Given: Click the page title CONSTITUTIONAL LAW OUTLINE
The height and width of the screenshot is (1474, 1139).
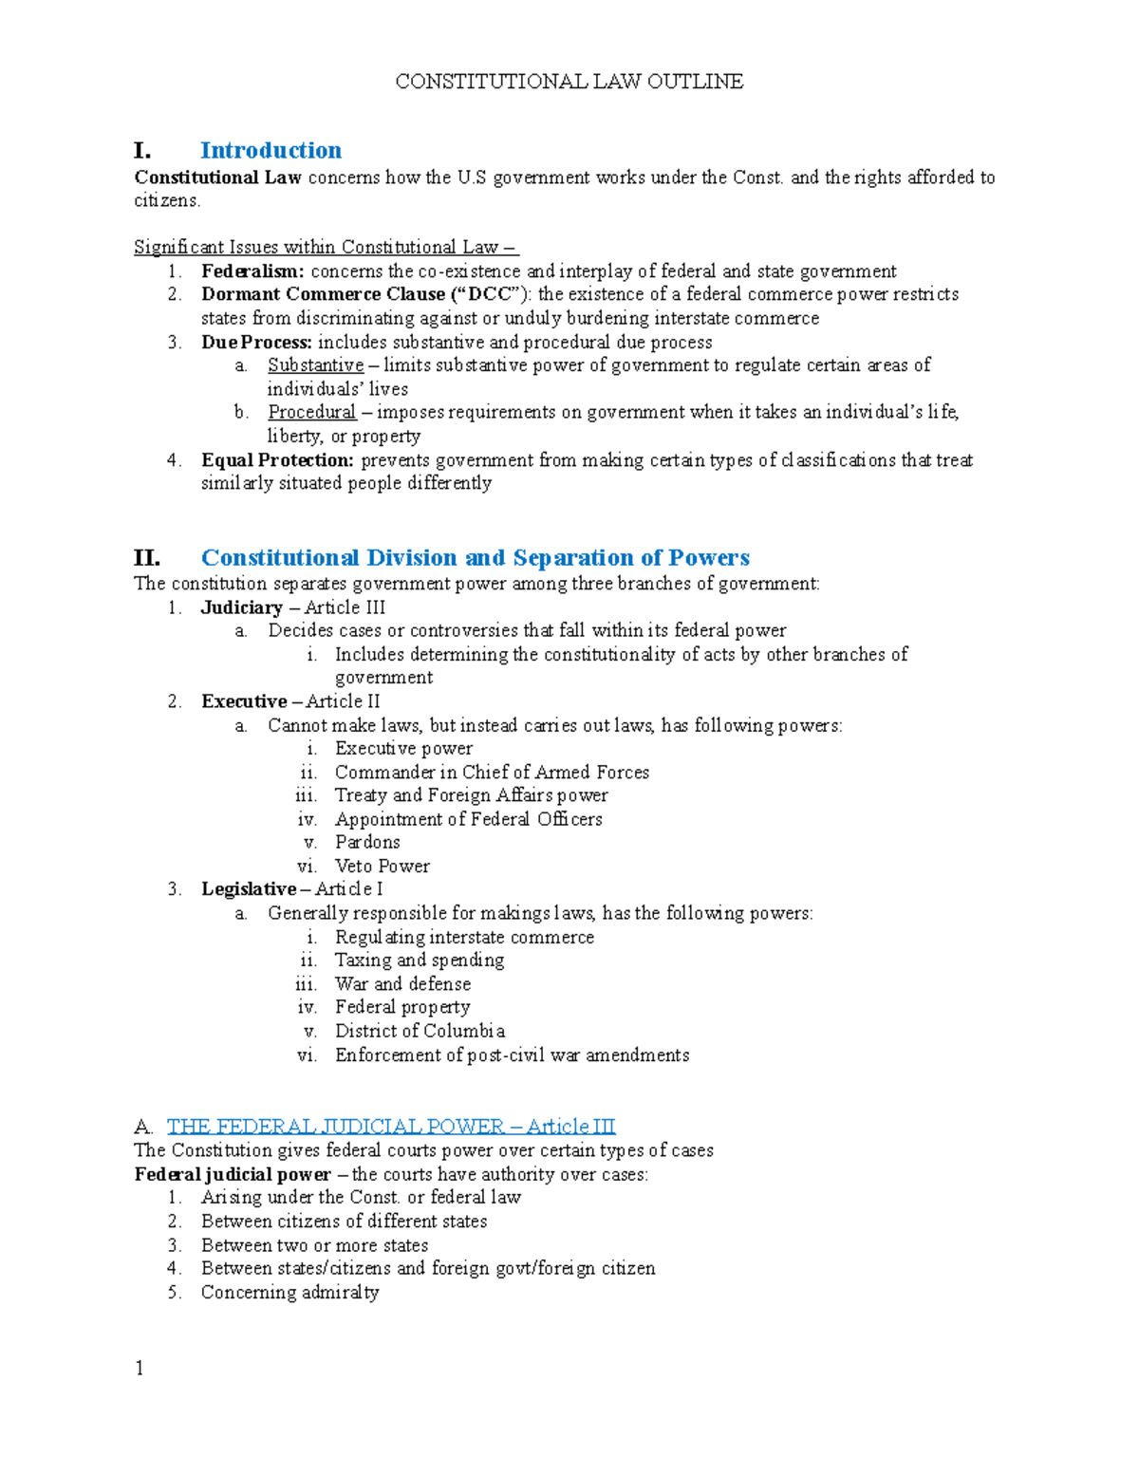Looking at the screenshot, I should [x=569, y=82].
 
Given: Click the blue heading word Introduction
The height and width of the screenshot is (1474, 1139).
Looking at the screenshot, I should [x=271, y=151].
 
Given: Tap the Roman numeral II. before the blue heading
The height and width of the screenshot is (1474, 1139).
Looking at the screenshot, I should [x=147, y=557].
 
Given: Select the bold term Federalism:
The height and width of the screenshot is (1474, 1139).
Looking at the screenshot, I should [x=252, y=271].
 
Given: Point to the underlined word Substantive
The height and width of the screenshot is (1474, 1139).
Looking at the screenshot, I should [x=315, y=365].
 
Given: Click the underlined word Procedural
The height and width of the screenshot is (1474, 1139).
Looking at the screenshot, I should [x=311, y=412].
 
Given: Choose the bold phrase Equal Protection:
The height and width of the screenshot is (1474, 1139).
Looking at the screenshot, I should [x=277, y=460].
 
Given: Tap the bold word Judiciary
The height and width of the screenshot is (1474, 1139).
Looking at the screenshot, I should [x=241, y=607].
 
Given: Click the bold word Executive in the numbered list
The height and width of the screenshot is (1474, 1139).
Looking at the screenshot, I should [x=244, y=701].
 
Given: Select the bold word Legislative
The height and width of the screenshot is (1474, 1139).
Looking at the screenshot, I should [x=249, y=889].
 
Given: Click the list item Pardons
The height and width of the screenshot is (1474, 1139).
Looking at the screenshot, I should [x=367, y=843].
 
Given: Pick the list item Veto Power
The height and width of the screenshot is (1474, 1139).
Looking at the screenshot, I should [x=382, y=867].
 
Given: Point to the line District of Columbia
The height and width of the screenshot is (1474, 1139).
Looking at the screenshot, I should [x=420, y=1031].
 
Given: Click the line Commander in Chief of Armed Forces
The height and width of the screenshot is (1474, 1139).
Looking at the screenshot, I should [x=492, y=773].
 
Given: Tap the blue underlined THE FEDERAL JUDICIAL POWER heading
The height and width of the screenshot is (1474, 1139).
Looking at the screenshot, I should [x=391, y=1127].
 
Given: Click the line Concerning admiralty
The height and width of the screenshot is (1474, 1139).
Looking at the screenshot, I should [x=289, y=1292].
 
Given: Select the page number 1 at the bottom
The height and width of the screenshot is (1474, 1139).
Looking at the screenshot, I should [x=140, y=1368].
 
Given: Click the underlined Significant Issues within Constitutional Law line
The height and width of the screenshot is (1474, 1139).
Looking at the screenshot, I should [x=326, y=248].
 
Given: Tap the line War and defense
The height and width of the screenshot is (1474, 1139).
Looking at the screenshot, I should [x=402, y=984].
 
